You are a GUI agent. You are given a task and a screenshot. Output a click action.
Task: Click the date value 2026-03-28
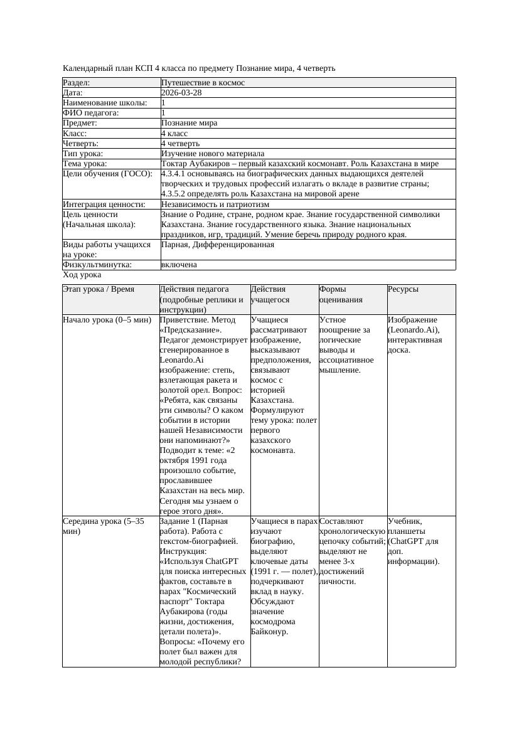tap(181, 92)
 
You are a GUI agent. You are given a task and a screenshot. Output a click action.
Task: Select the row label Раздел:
tap(77, 82)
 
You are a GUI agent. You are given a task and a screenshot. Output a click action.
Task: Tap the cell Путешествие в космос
tap(203, 82)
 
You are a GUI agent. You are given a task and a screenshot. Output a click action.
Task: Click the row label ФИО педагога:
tap(91, 113)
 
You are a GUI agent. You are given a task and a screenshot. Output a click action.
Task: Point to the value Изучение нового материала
tap(213, 153)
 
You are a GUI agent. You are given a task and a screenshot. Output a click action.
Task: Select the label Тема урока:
tap(85, 164)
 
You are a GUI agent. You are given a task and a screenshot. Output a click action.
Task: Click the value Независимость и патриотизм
tap(215, 204)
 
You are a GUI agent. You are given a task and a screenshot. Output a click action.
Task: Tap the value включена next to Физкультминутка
tap(179, 265)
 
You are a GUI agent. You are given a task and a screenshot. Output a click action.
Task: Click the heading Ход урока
tap(82, 275)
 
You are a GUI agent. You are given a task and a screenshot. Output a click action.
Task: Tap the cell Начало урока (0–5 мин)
tap(107, 320)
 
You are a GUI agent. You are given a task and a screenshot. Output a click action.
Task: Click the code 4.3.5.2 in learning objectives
tap(178, 194)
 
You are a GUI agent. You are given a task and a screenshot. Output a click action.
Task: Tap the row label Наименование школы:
tap(105, 103)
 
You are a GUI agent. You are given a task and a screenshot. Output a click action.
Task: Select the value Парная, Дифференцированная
tap(217, 245)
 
